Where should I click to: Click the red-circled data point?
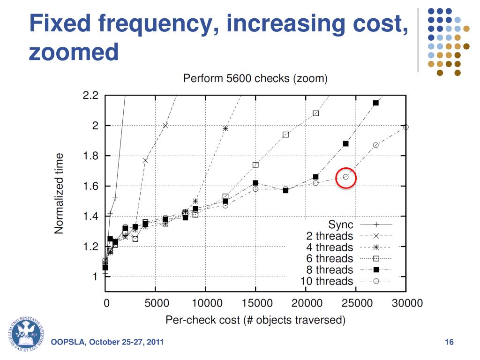pyautogui.click(x=346, y=177)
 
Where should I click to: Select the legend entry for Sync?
pyautogui.click(x=341, y=225)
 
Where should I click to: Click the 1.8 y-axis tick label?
pyautogui.click(x=90, y=156)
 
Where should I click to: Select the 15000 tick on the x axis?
pyautogui.click(x=256, y=303)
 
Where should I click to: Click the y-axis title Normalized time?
pyautogui.click(x=59, y=194)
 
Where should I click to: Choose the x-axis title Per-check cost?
pyautogui.click(x=255, y=321)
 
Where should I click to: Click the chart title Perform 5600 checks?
pyautogui.click(x=255, y=78)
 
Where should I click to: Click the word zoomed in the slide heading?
pyautogui.click(x=74, y=52)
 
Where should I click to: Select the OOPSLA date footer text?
pyautogui.click(x=107, y=342)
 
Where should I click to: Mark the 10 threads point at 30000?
pyautogui.click(x=406, y=127)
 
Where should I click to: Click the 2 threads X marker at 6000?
pyautogui.click(x=165, y=125)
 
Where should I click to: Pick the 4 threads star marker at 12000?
pyautogui.click(x=225, y=128)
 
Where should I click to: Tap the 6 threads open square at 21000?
pyautogui.click(x=316, y=113)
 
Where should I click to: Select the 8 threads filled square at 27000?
pyautogui.click(x=376, y=103)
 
